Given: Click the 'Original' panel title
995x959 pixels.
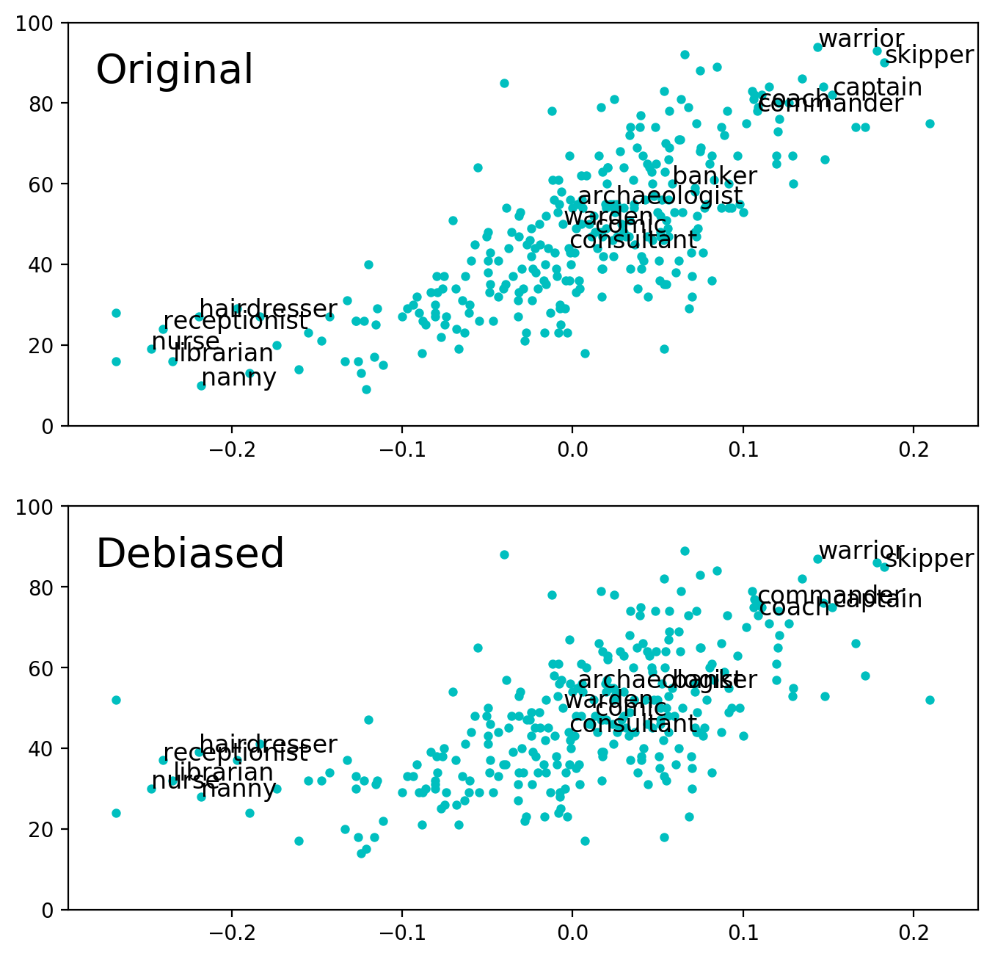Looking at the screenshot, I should (175, 70).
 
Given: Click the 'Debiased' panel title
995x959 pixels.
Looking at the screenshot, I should (190, 554).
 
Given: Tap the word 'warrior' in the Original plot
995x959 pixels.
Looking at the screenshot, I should (861, 39).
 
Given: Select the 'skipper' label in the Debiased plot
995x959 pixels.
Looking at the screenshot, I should (929, 559).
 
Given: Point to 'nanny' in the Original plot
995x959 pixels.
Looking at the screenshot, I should (238, 378).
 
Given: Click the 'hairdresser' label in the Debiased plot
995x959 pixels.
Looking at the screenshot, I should (268, 745).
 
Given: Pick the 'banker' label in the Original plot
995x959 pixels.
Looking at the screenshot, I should (715, 176).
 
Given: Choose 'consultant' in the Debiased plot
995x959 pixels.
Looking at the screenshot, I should (633, 724).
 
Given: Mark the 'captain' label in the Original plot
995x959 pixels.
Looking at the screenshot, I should (878, 87).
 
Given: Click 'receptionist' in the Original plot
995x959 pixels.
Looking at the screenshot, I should (236, 322).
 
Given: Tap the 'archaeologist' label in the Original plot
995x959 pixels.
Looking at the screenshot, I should (660, 196).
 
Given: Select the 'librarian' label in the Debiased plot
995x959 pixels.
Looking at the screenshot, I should (224, 772).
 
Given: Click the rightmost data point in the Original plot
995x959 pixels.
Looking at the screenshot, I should (930, 123).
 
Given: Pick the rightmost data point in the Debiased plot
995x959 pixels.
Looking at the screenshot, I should (930, 700).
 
